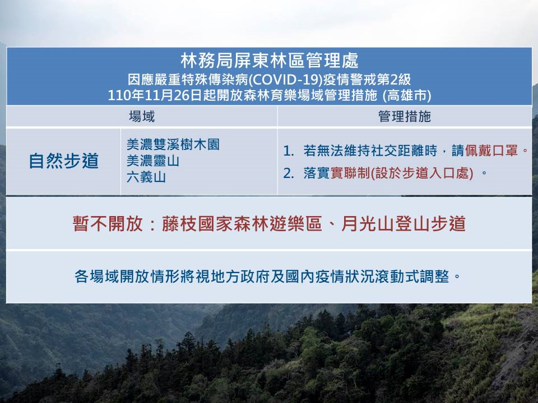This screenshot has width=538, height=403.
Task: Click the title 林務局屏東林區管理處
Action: tap(270, 60)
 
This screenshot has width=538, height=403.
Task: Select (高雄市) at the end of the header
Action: tap(407, 95)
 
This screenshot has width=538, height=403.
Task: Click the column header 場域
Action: tap(142, 116)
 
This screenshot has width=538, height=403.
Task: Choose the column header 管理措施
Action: tap(405, 116)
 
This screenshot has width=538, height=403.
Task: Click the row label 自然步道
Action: tap(64, 161)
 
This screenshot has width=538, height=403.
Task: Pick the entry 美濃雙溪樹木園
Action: tap(173, 144)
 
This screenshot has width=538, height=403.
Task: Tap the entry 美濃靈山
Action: tap(153, 161)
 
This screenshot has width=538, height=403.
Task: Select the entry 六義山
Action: tap(146, 177)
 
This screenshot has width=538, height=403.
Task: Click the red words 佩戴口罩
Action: tap(491, 151)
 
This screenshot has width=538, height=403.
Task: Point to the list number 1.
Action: tap(288, 151)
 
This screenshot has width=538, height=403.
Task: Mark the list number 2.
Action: tap(288, 173)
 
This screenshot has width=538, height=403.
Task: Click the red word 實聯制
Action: tap(350, 173)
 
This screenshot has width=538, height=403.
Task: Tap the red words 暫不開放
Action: tap(108, 224)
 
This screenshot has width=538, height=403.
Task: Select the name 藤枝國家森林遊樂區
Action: tap(242, 224)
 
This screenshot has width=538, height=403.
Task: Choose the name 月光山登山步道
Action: tap(403, 224)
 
